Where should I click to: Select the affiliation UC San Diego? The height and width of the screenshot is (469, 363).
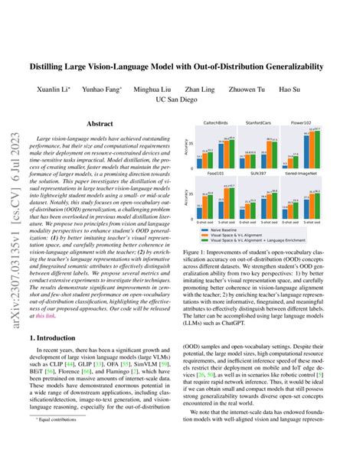click(x=181, y=99)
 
